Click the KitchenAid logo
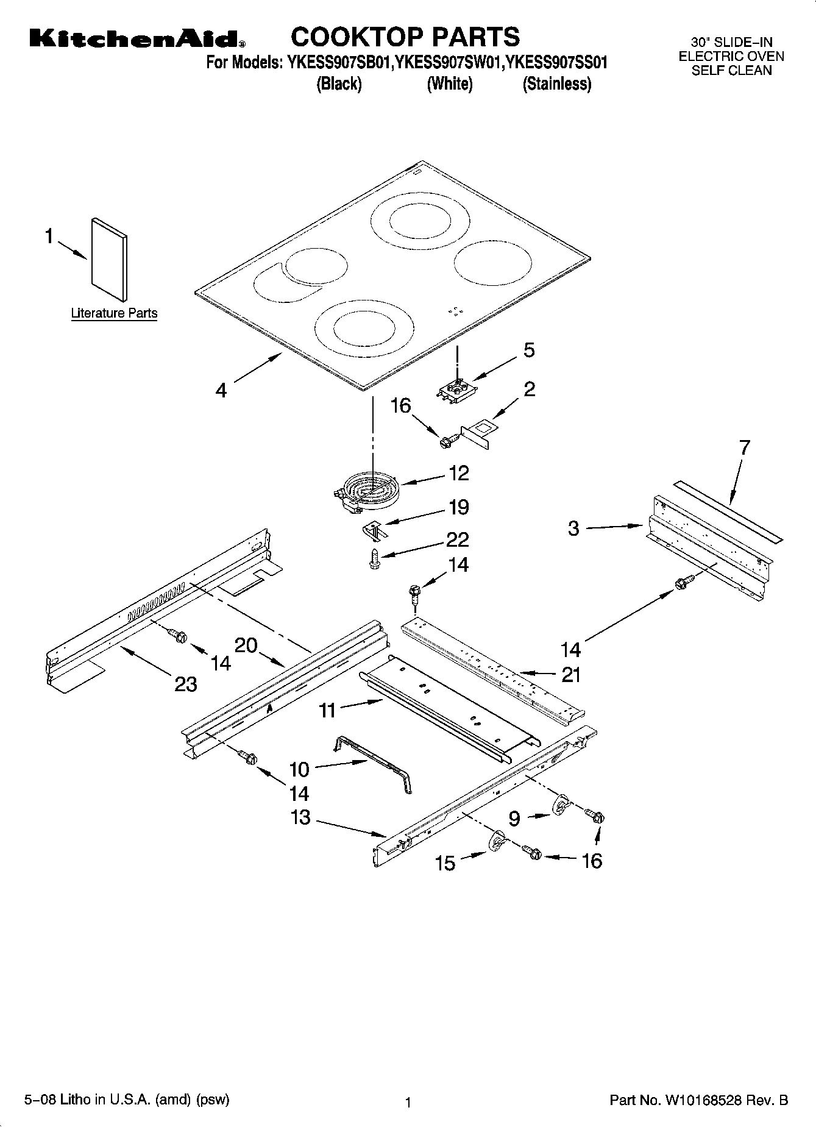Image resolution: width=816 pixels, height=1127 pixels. coord(138,39)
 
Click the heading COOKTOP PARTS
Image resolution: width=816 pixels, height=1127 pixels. coord(405,37)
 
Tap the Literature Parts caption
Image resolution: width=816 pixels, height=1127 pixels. coord(114,313)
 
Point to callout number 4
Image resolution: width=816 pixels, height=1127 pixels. coord(221,390)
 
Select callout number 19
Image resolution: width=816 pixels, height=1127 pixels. coord(458,507)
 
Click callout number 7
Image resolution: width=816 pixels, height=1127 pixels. coord(745,448)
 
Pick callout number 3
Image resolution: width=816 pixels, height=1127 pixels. coord(573,528)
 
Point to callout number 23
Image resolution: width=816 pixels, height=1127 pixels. coord(186,684)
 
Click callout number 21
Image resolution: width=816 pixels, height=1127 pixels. coord(571,675)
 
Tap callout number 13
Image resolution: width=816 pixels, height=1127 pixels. coord(300,817)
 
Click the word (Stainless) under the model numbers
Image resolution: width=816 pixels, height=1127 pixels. coord(556,84)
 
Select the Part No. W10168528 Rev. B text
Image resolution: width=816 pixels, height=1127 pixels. coord(698,1101)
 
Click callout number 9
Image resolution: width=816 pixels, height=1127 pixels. coord(514,819)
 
